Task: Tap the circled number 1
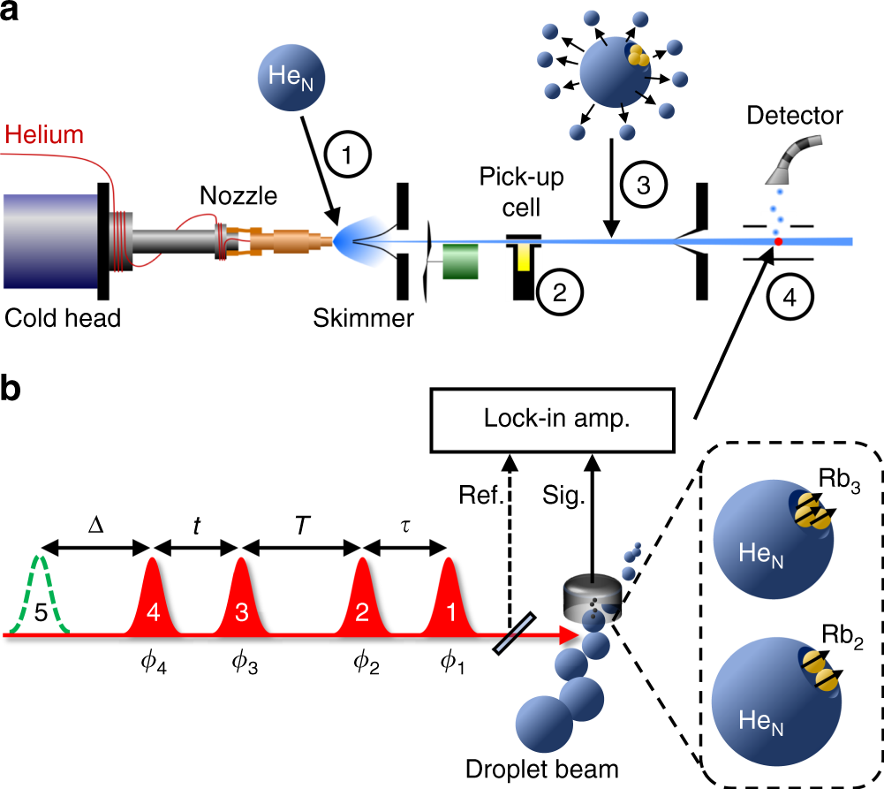coord(347,156)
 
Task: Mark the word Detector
coord(795,115)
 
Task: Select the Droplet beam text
coord(555,770)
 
